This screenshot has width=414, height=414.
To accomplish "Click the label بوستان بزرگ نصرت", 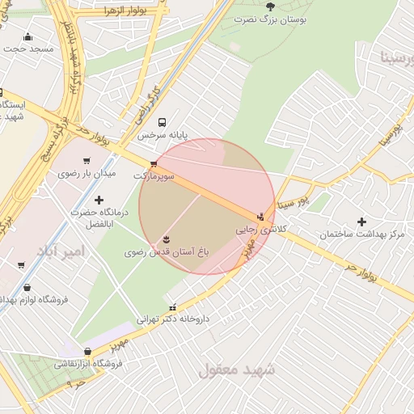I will [x=270, y=18].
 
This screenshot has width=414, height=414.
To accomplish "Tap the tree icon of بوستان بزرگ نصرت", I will [x=270, y=6].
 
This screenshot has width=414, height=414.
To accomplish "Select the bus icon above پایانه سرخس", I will [x=163, y=123].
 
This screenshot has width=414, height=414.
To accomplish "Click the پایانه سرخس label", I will [x=162, y=135].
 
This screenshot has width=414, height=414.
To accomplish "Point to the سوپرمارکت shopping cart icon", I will [x=154, y=164].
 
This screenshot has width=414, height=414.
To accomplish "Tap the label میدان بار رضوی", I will [x=87, y=173].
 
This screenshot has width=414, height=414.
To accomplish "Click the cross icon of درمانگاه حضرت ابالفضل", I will [x=99, y=200].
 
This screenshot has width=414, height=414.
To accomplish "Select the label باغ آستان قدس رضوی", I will [x=167, y=252].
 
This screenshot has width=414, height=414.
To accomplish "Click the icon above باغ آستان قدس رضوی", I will [x=167, y=239].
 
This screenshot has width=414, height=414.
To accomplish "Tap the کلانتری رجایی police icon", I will [x=260, y=217].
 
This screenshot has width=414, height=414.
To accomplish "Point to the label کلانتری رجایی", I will [x=257, y=230].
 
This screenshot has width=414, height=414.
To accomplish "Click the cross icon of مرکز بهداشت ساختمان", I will [x=361, y=222].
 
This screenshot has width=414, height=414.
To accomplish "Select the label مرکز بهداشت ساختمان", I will [x=361, y=234].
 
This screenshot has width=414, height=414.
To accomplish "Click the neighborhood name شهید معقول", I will [x=237, y=370].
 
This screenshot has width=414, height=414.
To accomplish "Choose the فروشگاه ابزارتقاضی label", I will [x=88, y=364].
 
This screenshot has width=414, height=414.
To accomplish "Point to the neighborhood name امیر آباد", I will [x=53, y=252].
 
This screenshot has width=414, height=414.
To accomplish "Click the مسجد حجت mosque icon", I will [x=29, y=36].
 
